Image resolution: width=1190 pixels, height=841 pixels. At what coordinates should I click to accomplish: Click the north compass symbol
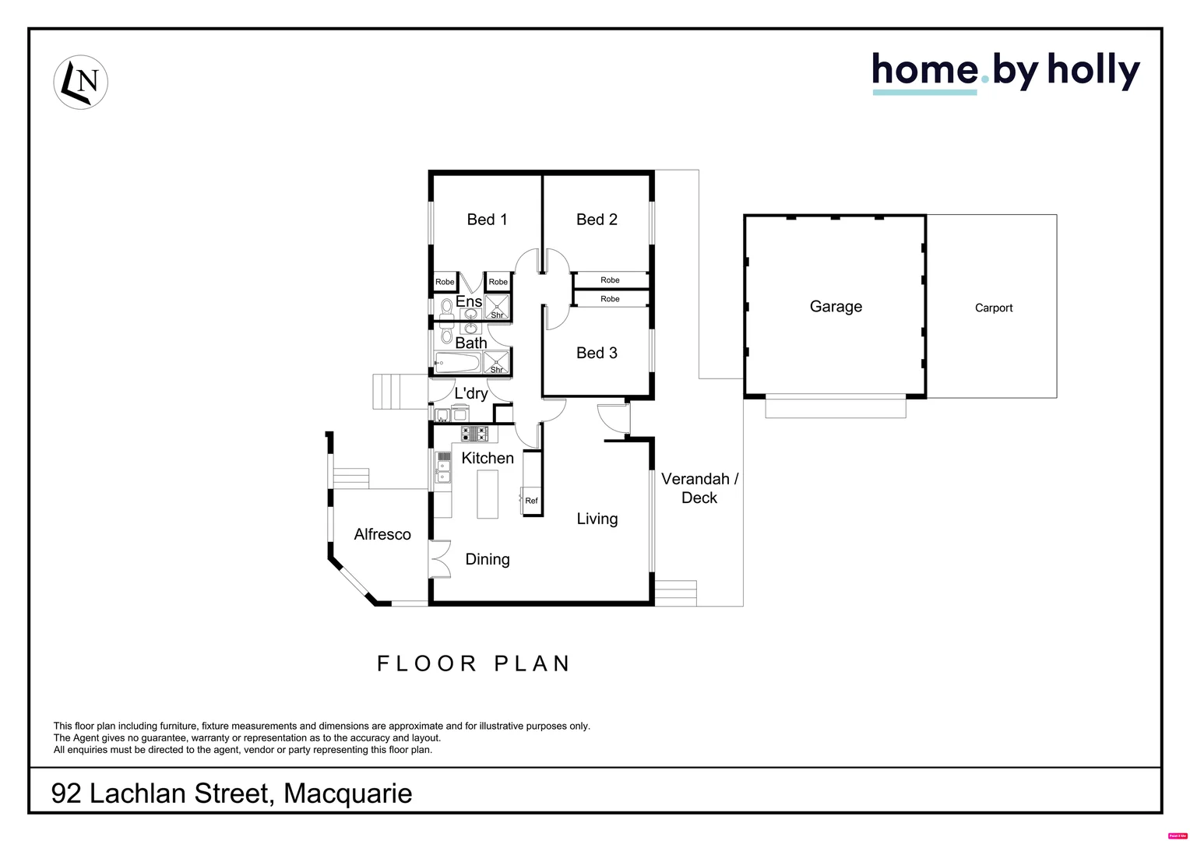pyautogui.click(x=80, y=82)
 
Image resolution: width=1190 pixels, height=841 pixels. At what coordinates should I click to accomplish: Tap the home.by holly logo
pyautogui.click(x=1005, y=72)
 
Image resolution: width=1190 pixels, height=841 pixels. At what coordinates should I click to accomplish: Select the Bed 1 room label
pyautogui.click(x=487, y=220)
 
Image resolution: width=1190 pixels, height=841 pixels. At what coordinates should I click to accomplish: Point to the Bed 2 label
pyautogui.click(x=597, y=220)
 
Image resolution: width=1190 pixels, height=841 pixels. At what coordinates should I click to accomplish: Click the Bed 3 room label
pyautogui.click(x=597, y=353)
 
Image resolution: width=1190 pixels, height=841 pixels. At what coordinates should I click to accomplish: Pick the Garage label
pyautogui.click(x=836, y=307)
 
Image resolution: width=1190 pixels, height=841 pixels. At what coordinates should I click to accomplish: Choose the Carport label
pyautogui.click(x=994, y=308)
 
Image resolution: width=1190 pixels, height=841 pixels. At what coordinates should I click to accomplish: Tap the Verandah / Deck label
pyautogui.click(x=699, y=488)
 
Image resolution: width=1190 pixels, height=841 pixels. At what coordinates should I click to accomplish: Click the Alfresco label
pyautogui.click(x=382, y=534)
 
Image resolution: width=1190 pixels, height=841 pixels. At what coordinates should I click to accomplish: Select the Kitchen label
pyautogui.click(x=488, y=458)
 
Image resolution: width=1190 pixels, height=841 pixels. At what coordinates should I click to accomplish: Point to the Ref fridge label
pyautogui.click(x=531, y=501)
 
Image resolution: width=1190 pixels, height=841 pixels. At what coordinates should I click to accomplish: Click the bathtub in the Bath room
pyautogui.click(x=457, y=362)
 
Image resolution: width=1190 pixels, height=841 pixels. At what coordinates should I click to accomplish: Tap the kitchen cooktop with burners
pyautogui.click(x=474, y=433)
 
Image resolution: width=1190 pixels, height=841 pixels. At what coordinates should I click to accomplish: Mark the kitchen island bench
pyautogui.click(x=488, y=495)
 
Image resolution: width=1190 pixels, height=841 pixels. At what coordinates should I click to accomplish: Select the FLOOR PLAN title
pyautogui.click(x=474, y=663)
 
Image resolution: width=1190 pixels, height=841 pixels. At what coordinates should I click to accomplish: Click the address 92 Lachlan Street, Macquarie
pyautogui.click(x=231, y=793)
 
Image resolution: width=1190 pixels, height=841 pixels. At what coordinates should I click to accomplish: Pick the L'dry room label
pyautogui.click(x=471, y=393)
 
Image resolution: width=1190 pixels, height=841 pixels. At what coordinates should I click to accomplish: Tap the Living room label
pyautogui.click(x=597, y=519)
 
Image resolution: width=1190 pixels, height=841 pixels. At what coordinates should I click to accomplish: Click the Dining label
pyautogui.click(x=488, y=559)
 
